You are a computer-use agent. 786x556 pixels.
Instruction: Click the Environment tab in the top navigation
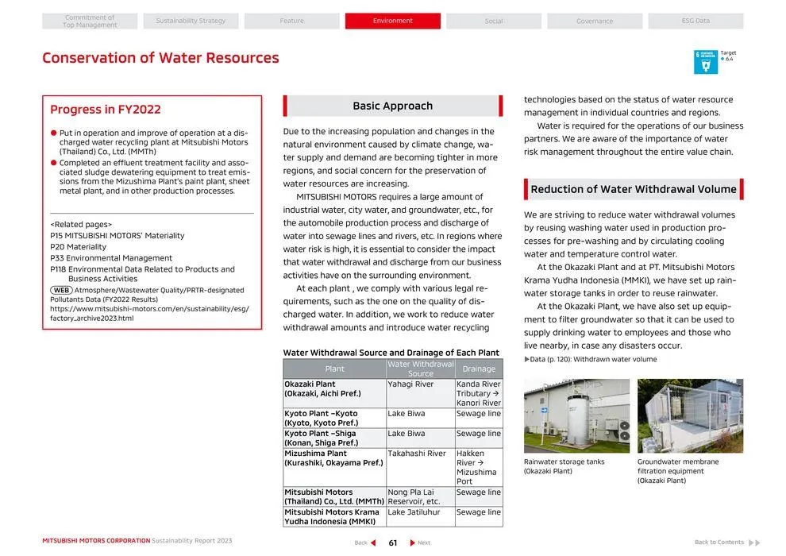pos(392,21)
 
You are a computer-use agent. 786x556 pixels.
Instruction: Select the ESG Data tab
pos(695,21)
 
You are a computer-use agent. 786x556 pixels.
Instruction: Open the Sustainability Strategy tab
pos(191,21)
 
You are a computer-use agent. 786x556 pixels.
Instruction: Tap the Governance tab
pos(594,21)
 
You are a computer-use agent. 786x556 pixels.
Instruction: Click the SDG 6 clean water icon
pos(705,62)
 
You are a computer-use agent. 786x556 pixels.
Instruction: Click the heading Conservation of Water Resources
pos(160,58)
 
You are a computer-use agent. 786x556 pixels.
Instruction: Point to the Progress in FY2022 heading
pos(106,110)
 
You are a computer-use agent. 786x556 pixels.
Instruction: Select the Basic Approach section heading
pos(392,106)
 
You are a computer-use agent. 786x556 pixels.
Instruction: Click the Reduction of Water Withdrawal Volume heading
pos(634,189)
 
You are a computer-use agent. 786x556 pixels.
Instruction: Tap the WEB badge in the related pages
pos(61,290)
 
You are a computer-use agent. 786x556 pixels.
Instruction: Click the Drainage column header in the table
pos(479,369)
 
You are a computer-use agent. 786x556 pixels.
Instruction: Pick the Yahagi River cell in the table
pos(410,384)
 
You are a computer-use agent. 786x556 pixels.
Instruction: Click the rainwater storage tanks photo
pos(576,415)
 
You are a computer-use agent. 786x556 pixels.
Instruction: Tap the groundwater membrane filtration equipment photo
pos(690,415)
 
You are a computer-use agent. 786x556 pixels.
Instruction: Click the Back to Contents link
pos(719,542)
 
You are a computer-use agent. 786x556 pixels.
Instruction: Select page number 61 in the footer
pos(392,542)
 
